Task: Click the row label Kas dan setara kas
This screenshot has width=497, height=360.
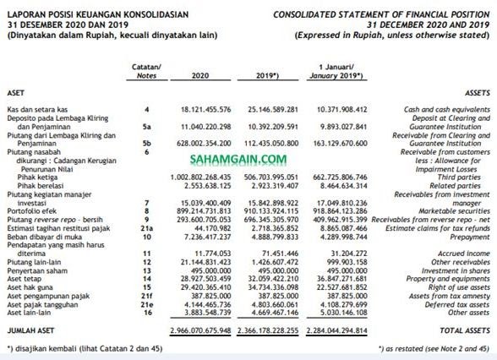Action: click(x=36, y=110)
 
